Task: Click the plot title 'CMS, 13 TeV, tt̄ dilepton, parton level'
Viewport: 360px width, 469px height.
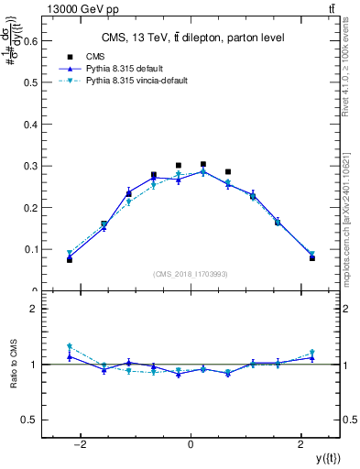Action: (191, 38)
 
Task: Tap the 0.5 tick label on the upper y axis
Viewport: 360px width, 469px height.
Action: (31, 82)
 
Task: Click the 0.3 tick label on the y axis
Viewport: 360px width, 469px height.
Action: (31, 166)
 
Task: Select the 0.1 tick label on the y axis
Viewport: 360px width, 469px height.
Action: (31, 249)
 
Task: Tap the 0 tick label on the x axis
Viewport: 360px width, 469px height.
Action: (191, 444)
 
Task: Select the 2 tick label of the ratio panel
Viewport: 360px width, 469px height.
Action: (35, 309)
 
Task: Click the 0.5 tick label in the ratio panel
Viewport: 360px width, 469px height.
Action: (32, 420)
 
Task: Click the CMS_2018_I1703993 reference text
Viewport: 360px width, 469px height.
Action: (191, 273)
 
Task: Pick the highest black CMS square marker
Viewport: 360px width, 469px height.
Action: (203, 164)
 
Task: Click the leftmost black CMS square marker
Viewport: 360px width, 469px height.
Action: (70, 260)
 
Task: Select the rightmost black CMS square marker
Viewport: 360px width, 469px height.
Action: (312, 258)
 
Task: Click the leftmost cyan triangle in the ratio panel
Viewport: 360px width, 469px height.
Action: (70, 346)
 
